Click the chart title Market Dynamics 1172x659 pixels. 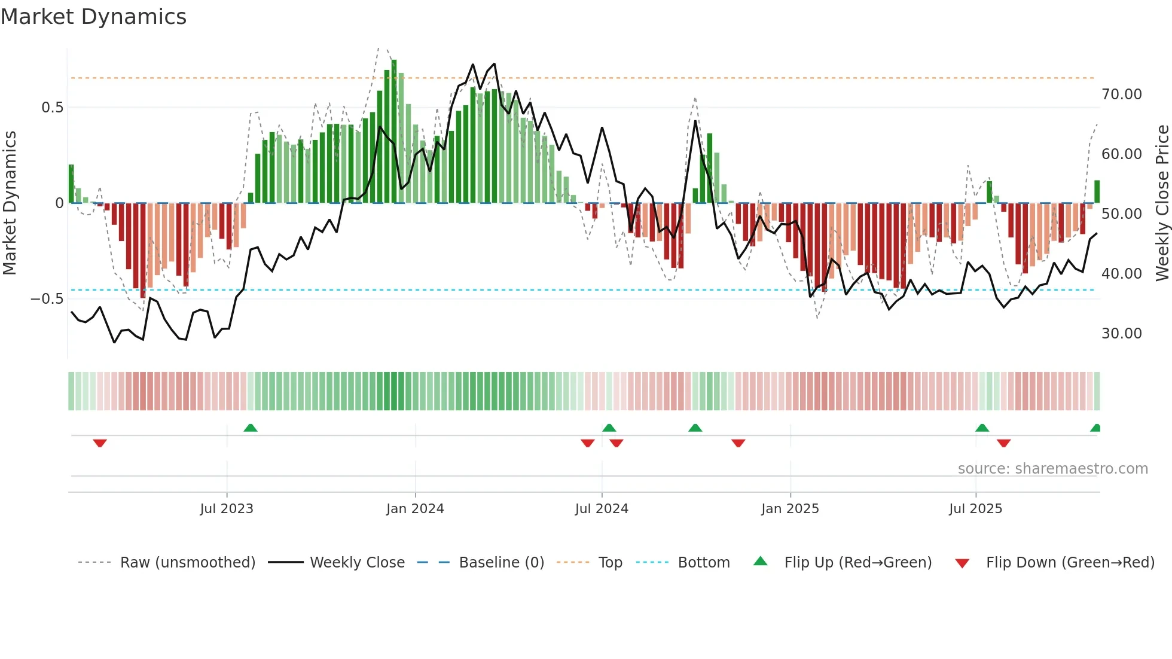tap(93, 17)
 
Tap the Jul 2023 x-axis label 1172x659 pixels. tap(227, 509)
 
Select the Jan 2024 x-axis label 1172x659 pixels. tap(415, 509)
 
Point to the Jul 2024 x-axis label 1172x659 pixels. tap(602, 509)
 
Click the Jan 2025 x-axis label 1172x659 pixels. tap(790, 509)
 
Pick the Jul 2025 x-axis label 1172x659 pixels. tap(975, 509)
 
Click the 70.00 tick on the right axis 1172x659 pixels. tap(1121, 94)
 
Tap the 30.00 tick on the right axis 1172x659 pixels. tap(1121, 334)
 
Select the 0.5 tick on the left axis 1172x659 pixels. tap(52, 108)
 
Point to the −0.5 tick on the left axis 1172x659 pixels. tap(47, 299)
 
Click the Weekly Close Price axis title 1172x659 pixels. tap(1162, 203)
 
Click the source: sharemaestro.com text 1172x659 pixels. tap(1052, 469)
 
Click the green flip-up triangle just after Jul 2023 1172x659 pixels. tap(251, 428)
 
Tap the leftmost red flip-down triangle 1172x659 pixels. tap(100, 443)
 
